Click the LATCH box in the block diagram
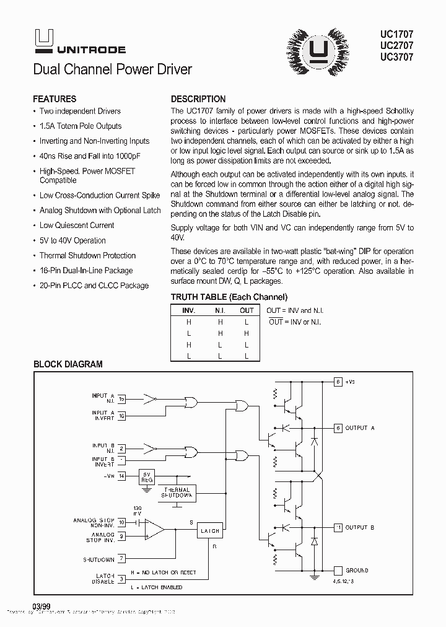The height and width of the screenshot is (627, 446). pyautogui.click(x=209, y=531)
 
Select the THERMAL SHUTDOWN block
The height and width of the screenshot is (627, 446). pyautogui.click(x=177, y=493)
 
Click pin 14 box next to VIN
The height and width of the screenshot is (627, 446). pyautogui.click(x=122, y=476)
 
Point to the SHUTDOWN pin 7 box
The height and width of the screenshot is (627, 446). pyautogui.click(x=122, y=559)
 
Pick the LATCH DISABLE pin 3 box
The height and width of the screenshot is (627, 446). pyautogui.click(x=122, y=579)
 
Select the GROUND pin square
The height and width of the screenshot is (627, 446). pyautogui.click(x=338, y=570)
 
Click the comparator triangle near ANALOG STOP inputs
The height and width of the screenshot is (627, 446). pyautogui.click(x=155, y=530)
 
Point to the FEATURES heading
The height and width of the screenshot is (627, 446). pyautogui.click(x=55, y=99)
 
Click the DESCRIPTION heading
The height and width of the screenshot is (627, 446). pyautogui.click(x=198, y=99)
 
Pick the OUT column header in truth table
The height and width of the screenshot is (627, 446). pyautogui.click(x=247, y=310)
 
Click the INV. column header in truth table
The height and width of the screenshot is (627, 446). pyautogui.click(x=188, y=310)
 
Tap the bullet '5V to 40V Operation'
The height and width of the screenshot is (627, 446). pyautogui.click(x=72, y=240)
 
